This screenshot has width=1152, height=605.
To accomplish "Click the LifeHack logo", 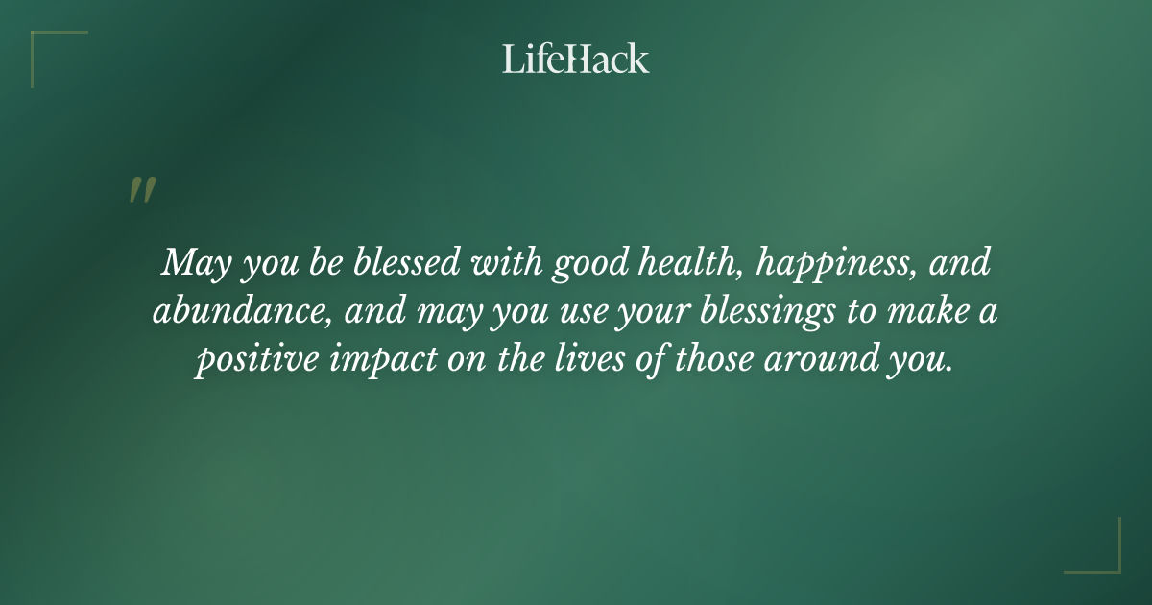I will click(x=576, y=60).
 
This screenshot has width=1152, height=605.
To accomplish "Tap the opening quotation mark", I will click(x=141, y=190).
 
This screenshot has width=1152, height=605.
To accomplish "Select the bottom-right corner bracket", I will click(x=1103, y=557).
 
